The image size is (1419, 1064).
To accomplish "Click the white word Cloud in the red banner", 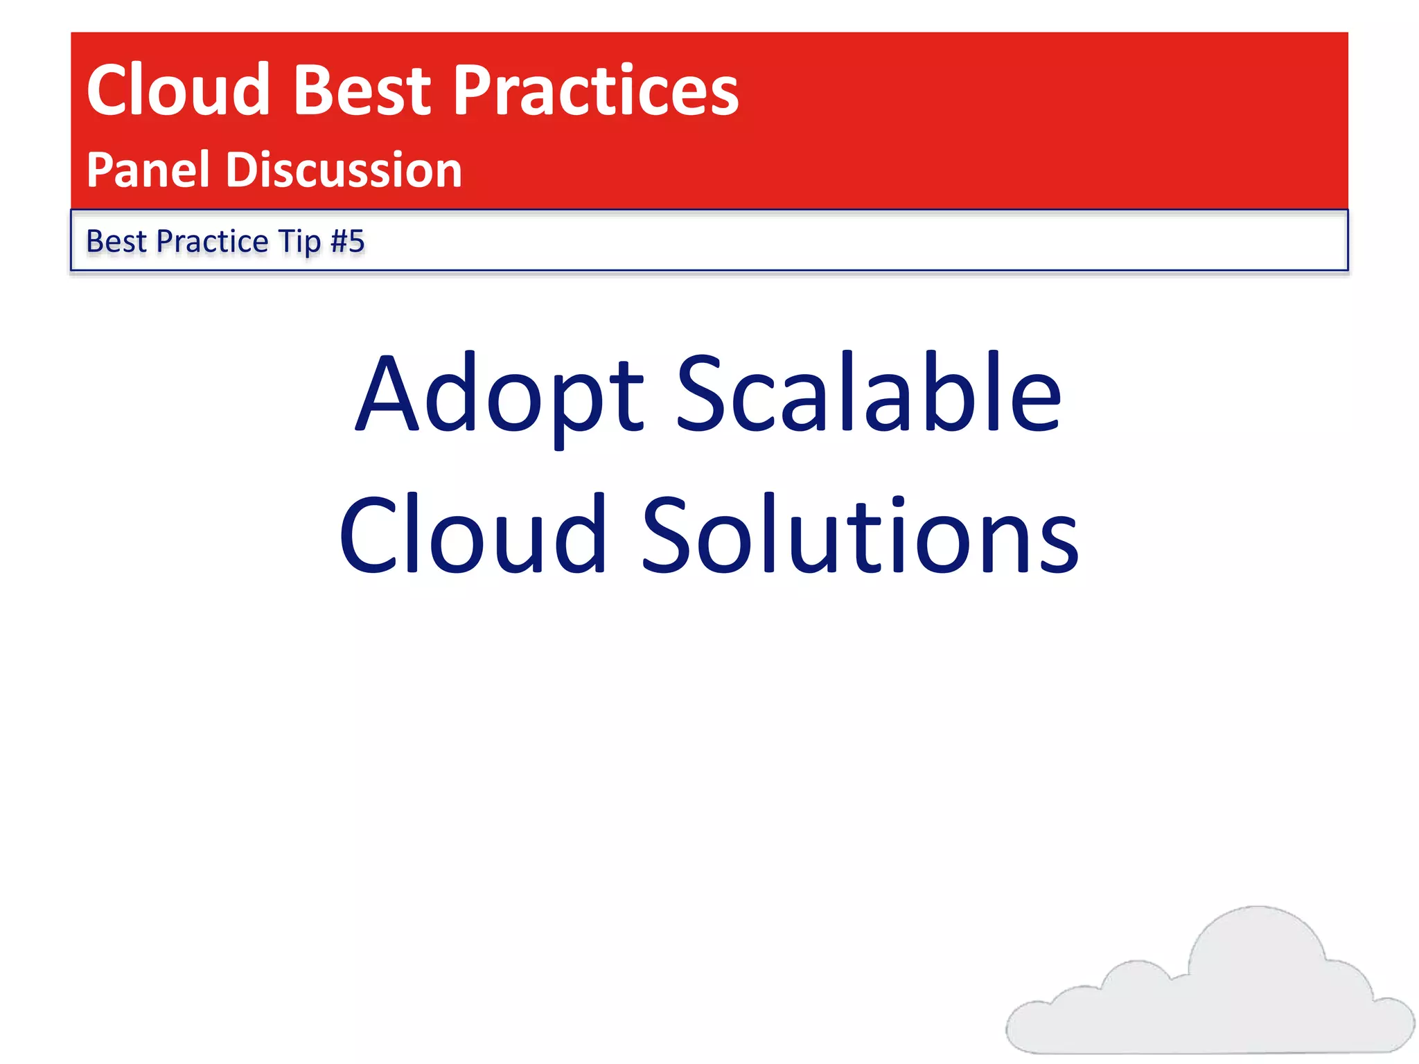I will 177,90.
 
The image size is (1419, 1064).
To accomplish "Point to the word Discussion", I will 344,170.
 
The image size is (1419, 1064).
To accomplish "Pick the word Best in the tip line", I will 116,242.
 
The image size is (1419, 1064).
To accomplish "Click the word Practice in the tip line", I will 212,242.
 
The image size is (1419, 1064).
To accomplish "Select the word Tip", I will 299,242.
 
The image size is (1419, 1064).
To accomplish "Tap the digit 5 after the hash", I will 356,242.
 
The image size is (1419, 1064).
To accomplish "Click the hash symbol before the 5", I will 339,242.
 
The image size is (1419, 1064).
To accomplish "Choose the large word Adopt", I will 499,395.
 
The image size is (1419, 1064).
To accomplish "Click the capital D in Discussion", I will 246,170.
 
